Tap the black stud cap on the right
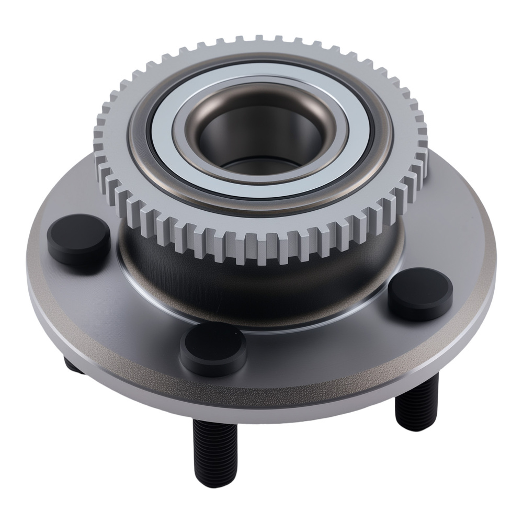420,292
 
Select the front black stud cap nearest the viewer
213,347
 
